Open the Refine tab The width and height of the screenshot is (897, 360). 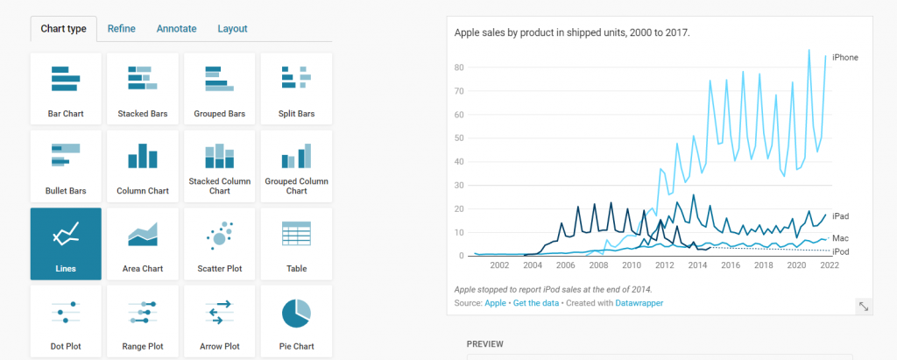tap(121, 29)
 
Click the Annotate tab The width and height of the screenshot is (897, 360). tap(176, 29)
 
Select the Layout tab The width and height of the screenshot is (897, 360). tap(232, 29)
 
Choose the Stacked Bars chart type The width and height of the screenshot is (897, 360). tap(143, 88)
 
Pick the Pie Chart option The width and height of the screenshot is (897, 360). tap(297, 321)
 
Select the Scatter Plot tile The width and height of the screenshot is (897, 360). tap(220, 244)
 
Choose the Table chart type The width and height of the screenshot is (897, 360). tap(297, 244)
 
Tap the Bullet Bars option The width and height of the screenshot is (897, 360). tap(66, 166)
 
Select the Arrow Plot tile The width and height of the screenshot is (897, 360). tap(220, 321)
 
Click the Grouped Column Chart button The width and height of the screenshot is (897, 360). tap(297, 166)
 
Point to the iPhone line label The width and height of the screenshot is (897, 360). tap(844, 58)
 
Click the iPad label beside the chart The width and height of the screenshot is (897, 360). tap(840, 216)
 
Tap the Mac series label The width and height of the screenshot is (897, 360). tap(840, 238)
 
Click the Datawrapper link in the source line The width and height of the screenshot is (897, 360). tap(639, 303)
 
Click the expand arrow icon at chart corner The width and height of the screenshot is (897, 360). tap(864, 306)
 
